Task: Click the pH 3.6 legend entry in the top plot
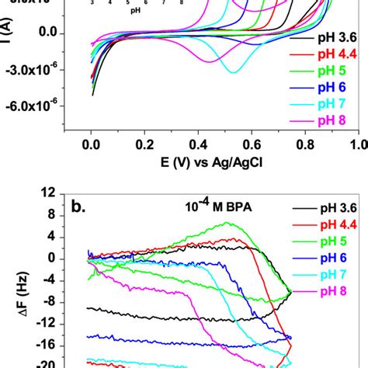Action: click(335, 37)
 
